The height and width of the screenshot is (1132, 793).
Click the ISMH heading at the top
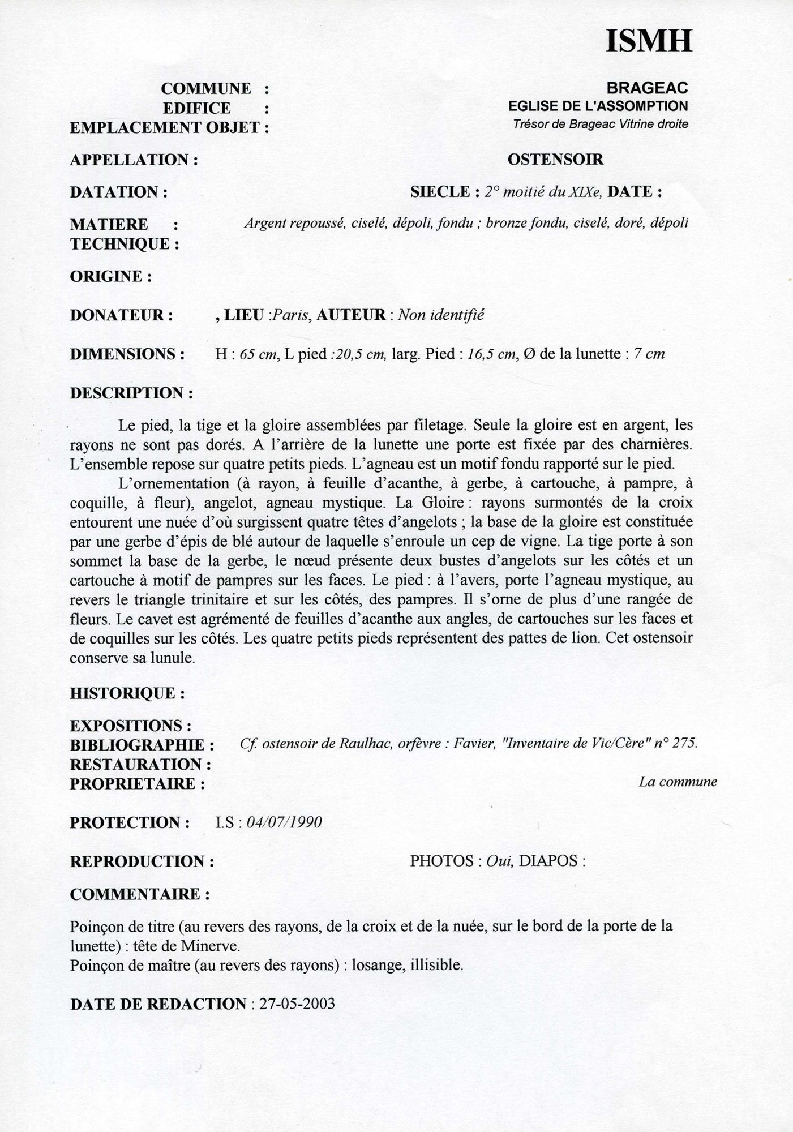[649, 41]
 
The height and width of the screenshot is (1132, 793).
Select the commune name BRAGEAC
[647, 88]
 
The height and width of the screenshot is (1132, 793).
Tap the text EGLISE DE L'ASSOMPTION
[598, 106]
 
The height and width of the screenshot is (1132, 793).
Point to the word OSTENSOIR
[555, 160]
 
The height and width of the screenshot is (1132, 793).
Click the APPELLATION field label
[134, 160]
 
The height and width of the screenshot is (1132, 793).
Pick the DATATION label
[118, 192]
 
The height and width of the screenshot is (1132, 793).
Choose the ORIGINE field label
[110, 277]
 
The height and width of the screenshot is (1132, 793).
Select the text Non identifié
[441, 315]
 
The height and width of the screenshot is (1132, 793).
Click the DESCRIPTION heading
[131, 393]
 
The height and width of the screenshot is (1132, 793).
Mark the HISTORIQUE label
[127, 693]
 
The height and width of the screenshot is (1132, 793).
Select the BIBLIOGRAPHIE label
[142, 745]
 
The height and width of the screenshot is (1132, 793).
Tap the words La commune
[678, 782]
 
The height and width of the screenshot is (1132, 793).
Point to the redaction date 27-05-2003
[297, 1004]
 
